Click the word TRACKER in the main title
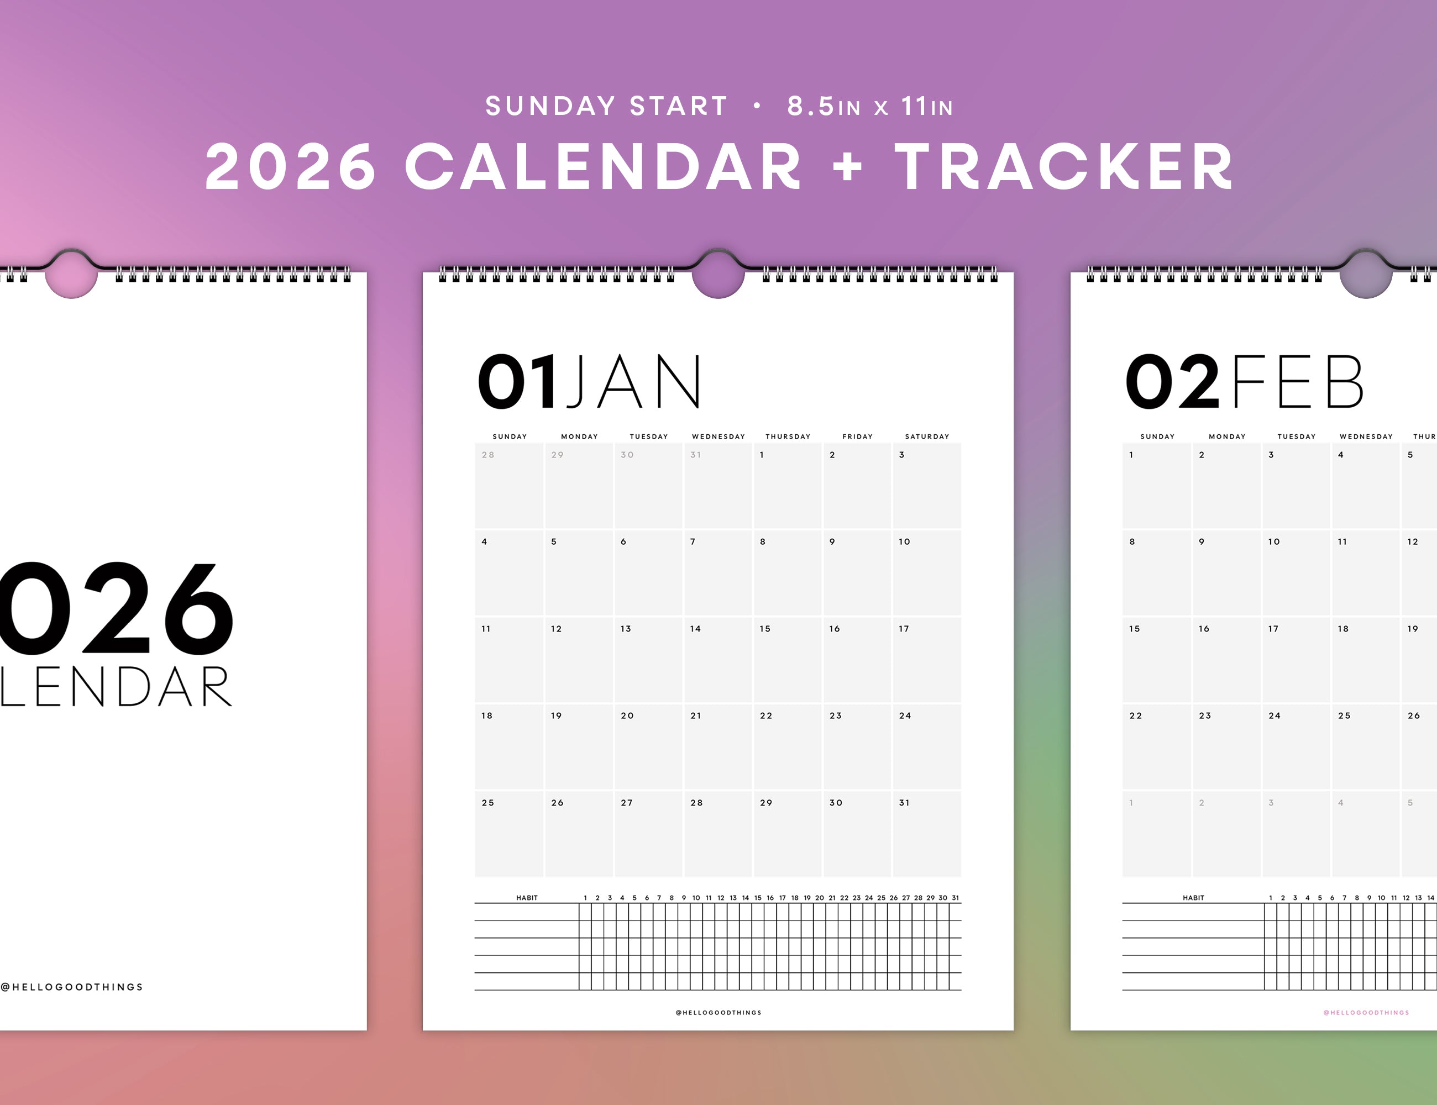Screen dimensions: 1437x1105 click(1063, 166)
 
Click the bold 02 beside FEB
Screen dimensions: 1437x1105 click(1172, 381)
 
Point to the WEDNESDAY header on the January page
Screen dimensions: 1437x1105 click(718, 436)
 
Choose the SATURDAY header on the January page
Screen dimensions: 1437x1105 click(927, 436)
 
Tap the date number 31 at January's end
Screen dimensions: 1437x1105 click(904, 802)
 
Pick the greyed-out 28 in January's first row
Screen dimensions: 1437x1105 click(487, 455)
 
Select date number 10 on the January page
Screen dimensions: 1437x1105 click(904, 541)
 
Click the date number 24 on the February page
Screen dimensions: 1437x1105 click(1275, 715)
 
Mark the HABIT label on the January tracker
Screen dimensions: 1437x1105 click(527, 898)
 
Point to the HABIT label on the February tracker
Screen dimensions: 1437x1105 click(1194, 898)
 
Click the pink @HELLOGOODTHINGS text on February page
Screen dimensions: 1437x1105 click(1367, 1012)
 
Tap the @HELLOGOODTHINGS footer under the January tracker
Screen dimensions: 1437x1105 click(718, 1012)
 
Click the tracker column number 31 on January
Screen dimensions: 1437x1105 click(956, 898)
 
